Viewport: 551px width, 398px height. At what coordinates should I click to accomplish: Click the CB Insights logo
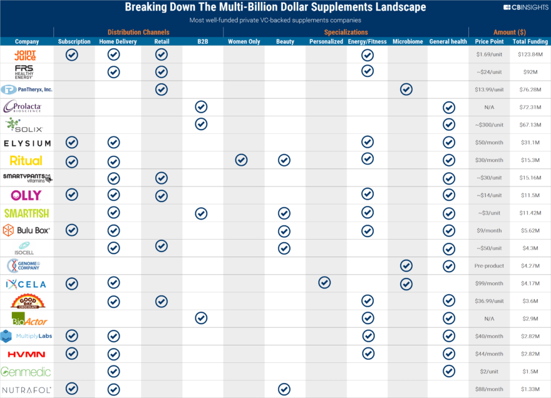click(525, 8)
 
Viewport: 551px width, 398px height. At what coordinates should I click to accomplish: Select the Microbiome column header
click(407, 41)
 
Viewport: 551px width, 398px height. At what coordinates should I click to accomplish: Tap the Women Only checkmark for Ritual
click(242, 160)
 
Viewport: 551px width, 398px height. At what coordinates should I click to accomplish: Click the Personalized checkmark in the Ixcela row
click(324, 283)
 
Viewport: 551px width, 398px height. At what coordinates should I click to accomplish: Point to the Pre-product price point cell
click(490, 266)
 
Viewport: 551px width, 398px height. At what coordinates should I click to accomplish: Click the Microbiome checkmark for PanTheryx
click(406, 89)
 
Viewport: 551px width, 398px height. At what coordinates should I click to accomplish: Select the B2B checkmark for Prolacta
click(201, 107)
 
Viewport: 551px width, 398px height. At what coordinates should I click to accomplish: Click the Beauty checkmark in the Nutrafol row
click(284, 389)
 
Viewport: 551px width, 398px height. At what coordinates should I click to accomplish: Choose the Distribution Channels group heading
click(138, 31)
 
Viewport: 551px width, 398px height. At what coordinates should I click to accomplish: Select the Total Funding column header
click(530, 41)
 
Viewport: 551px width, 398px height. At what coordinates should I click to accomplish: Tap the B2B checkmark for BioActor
click(201, 319)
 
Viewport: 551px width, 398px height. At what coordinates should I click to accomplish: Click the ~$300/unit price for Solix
click(490, 125)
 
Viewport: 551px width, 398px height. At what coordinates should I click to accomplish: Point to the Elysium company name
click(26, 143)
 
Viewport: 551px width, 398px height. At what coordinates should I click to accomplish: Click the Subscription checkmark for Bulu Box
click(72, 230)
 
